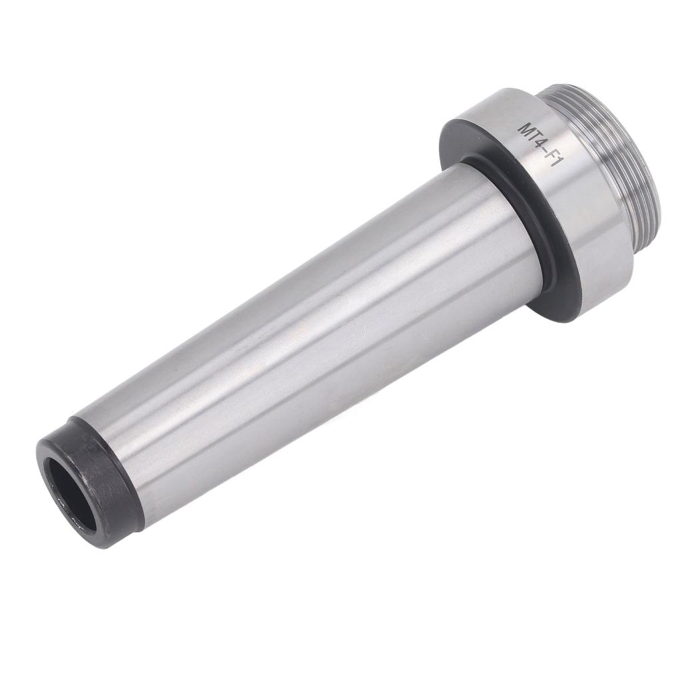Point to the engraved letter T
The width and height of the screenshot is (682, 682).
[534, 135]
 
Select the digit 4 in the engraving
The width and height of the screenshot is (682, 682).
[541, 143]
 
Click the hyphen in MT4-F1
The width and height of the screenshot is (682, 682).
[545, 150]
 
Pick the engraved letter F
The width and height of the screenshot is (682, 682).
[552, 155]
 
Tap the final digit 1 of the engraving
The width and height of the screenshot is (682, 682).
[558, 163]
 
